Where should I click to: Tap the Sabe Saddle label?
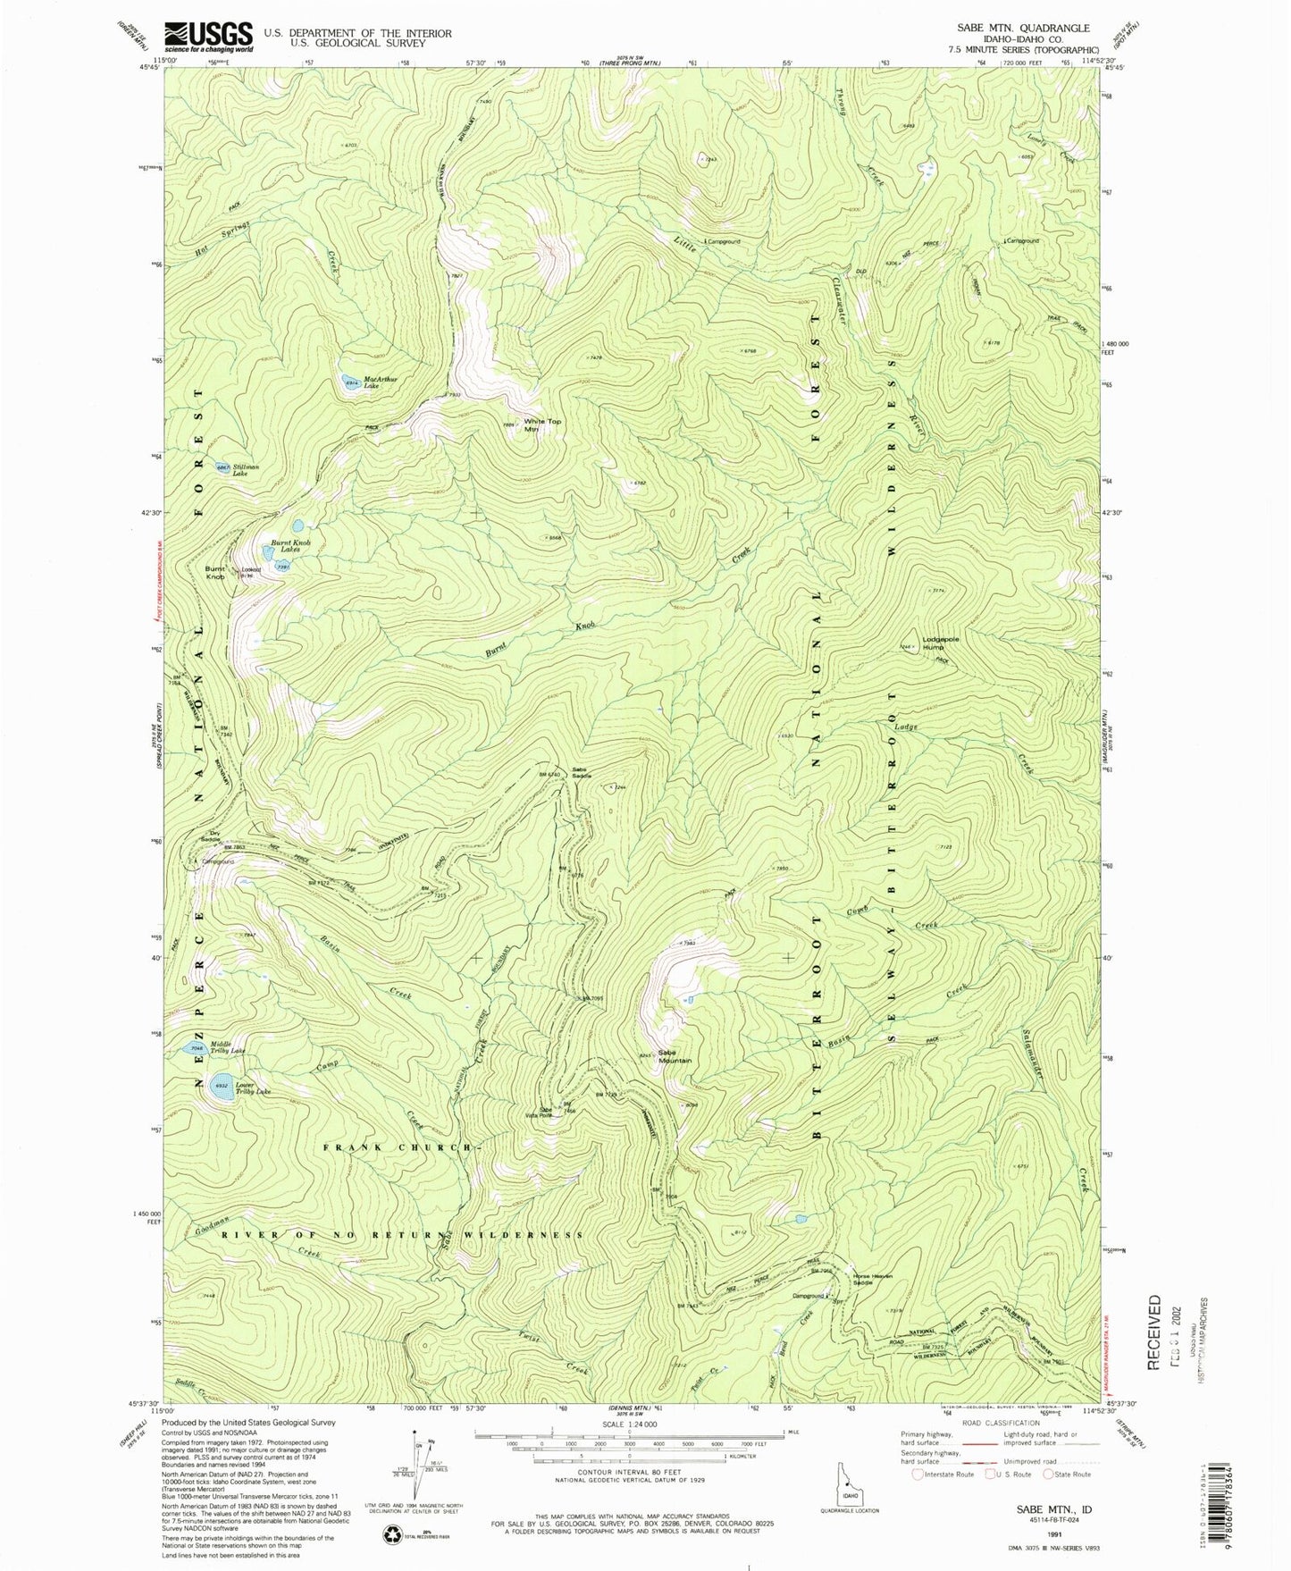tap(579, 772)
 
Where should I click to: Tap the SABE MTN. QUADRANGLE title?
tap(1017, 27)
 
